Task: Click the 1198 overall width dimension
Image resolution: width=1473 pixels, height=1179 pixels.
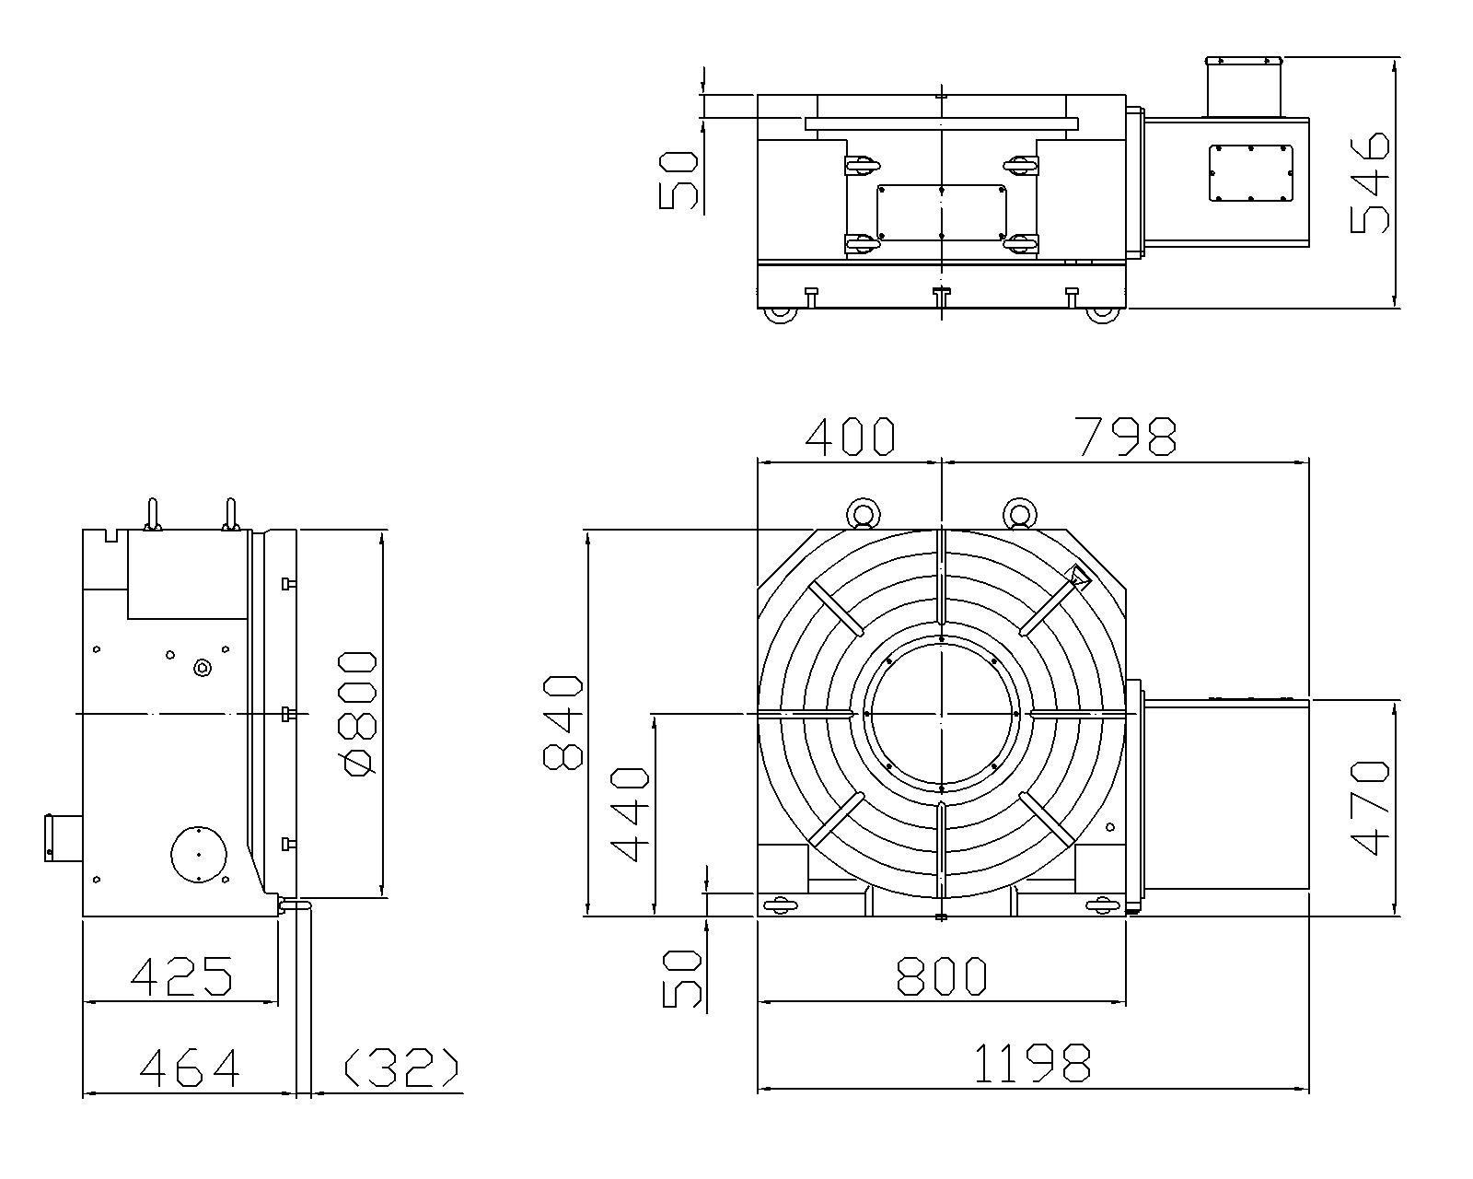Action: tap(1032, 1062)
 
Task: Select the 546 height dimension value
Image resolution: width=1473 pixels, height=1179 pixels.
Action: tap(1370, 182)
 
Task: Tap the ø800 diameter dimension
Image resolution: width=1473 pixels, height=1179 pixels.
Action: tap(357, 713)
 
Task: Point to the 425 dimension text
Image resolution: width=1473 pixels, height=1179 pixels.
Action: tap(181, 975)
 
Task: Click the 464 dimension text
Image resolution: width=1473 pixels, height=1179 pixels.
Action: tap(190, 1067)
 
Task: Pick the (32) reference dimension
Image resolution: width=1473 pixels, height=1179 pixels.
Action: tap(400, 1067)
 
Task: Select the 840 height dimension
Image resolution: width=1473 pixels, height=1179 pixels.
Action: tap(563, 722)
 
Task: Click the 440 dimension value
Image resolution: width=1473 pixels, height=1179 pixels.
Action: tap(630, 813)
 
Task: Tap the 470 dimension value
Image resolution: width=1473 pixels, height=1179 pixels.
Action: tap(1370, 808)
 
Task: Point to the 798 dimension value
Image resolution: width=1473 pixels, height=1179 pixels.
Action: tap(1127, 437)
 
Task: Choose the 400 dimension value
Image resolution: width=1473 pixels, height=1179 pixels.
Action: tap(850, 437)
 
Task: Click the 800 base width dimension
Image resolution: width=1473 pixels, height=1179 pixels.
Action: tap(942, 975)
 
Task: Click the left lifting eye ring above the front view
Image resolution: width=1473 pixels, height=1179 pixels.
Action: tap(864, 511)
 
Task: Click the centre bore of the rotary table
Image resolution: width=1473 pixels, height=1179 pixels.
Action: tap(941, 714)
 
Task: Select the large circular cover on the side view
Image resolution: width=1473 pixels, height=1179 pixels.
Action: tap(200, 853)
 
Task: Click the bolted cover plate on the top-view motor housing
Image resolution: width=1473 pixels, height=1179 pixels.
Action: tap(1251, 172)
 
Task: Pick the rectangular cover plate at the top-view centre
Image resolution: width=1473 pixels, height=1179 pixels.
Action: tap(941, 213)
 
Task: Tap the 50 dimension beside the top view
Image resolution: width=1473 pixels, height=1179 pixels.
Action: tap(679, 181)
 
